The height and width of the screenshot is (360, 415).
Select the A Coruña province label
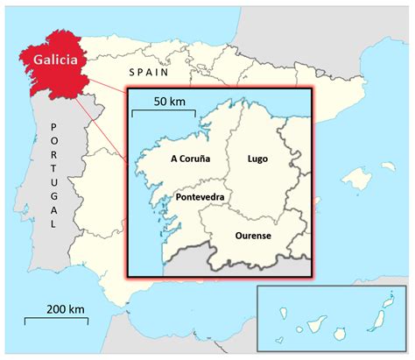tap(190, 162)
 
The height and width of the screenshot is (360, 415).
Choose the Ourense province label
tap(253, 236)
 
